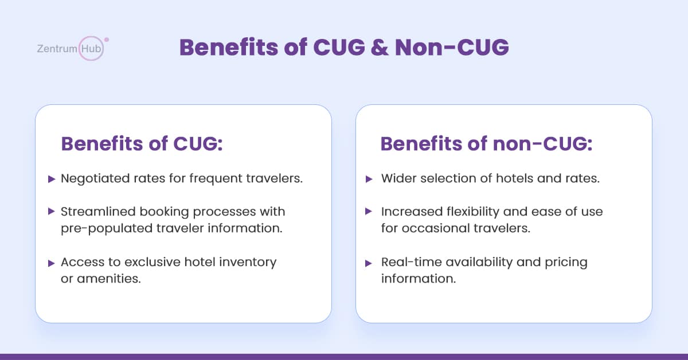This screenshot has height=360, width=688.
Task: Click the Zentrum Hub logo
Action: [73, 48]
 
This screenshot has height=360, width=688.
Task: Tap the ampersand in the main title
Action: [380, 48]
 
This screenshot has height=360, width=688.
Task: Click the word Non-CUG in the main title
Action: [452, 48]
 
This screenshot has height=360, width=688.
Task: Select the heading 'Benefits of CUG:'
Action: [142, 143]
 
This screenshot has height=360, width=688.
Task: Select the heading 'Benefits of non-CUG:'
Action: [487, 143]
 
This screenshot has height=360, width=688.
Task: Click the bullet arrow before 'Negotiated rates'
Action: [52, 179]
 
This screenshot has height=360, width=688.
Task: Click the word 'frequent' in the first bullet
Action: [216, 179]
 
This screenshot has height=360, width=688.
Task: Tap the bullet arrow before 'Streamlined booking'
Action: [52, 212]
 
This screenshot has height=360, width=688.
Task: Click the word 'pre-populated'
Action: [107, 229]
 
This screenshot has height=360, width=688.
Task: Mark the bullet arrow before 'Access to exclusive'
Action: [52, 263]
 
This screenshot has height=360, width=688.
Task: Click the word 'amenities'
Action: [109, 279]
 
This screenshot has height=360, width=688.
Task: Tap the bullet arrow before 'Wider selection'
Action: [369, 179]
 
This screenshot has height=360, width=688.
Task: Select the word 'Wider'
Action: [398, 178]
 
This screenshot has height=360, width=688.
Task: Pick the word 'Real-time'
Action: [412, 262]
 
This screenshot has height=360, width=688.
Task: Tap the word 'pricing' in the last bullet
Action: [566, 263]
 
